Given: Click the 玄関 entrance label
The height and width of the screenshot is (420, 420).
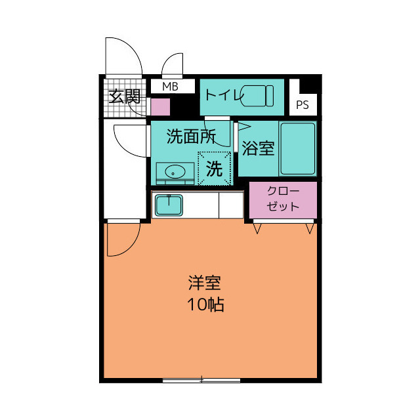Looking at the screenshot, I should point(124,97).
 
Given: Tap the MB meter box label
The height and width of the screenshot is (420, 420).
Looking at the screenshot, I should point(170,87).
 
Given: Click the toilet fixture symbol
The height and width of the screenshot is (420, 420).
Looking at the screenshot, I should point(257,96).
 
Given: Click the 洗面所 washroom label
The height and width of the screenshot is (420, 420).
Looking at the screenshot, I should point(191,136).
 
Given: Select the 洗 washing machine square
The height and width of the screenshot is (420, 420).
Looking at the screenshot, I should point(215,169).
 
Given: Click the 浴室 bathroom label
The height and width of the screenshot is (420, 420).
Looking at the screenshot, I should point(258,148).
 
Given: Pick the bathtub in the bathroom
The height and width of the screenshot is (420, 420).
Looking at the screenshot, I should point(297,148).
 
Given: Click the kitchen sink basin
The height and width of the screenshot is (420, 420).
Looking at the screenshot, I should point(169,205).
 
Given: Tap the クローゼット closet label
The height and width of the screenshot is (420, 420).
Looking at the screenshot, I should point(283,199).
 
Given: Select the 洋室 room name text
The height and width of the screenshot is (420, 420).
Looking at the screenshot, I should point(204,283).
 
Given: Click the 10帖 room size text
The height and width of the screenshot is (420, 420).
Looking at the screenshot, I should point(205,304).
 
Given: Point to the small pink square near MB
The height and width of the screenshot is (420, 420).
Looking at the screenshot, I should point(160,106).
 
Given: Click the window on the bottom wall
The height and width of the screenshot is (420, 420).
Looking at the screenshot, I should point(201,379).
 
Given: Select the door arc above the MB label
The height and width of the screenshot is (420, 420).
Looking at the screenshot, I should point(173,65).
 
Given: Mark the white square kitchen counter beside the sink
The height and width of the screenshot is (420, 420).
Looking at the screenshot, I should point(231,205).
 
